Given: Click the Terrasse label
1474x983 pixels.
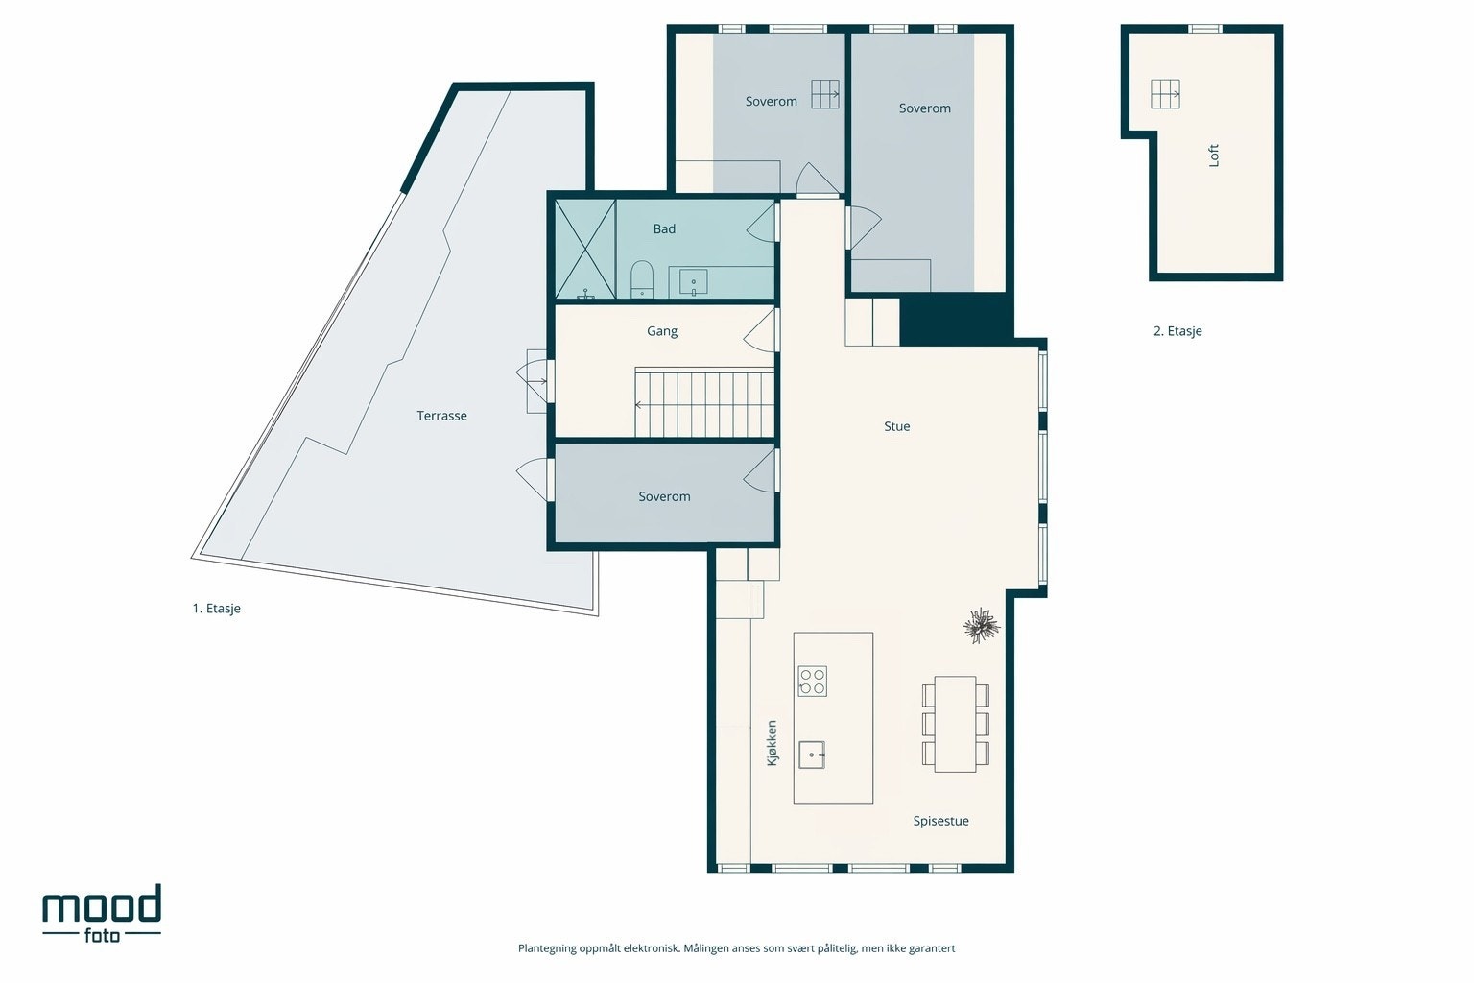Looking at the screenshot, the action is [441, 416].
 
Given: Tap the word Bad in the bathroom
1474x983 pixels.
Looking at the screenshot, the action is [664, 228].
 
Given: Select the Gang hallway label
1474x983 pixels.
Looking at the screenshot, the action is [662, 331].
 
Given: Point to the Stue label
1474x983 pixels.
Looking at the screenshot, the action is [897, 426].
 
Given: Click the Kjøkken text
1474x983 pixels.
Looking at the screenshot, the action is [772, 743].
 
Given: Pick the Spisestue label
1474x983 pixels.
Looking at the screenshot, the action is [941, 821].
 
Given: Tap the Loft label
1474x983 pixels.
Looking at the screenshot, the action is [1214, 156].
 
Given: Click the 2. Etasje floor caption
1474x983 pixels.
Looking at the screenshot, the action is [1177, 331].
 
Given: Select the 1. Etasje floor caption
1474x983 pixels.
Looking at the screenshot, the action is [217, 609].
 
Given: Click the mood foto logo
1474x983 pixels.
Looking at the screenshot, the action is [102, 913].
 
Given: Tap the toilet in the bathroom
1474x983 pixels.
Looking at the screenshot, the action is [642, 279].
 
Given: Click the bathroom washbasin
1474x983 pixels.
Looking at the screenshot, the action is [693, 282].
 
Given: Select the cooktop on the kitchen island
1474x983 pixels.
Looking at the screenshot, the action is [813, 682].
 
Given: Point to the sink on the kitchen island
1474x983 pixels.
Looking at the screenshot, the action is [812, 755].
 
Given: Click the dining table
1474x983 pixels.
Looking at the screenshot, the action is [956, 724].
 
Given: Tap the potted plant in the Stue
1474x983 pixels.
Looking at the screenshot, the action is [981, 626].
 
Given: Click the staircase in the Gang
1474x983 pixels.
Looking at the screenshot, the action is [704, 402].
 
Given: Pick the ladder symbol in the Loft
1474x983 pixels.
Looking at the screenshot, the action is [1165, 94].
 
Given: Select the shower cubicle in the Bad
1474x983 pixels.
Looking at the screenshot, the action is [585, 249].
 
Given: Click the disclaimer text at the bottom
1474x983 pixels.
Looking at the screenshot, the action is [736, 948].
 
